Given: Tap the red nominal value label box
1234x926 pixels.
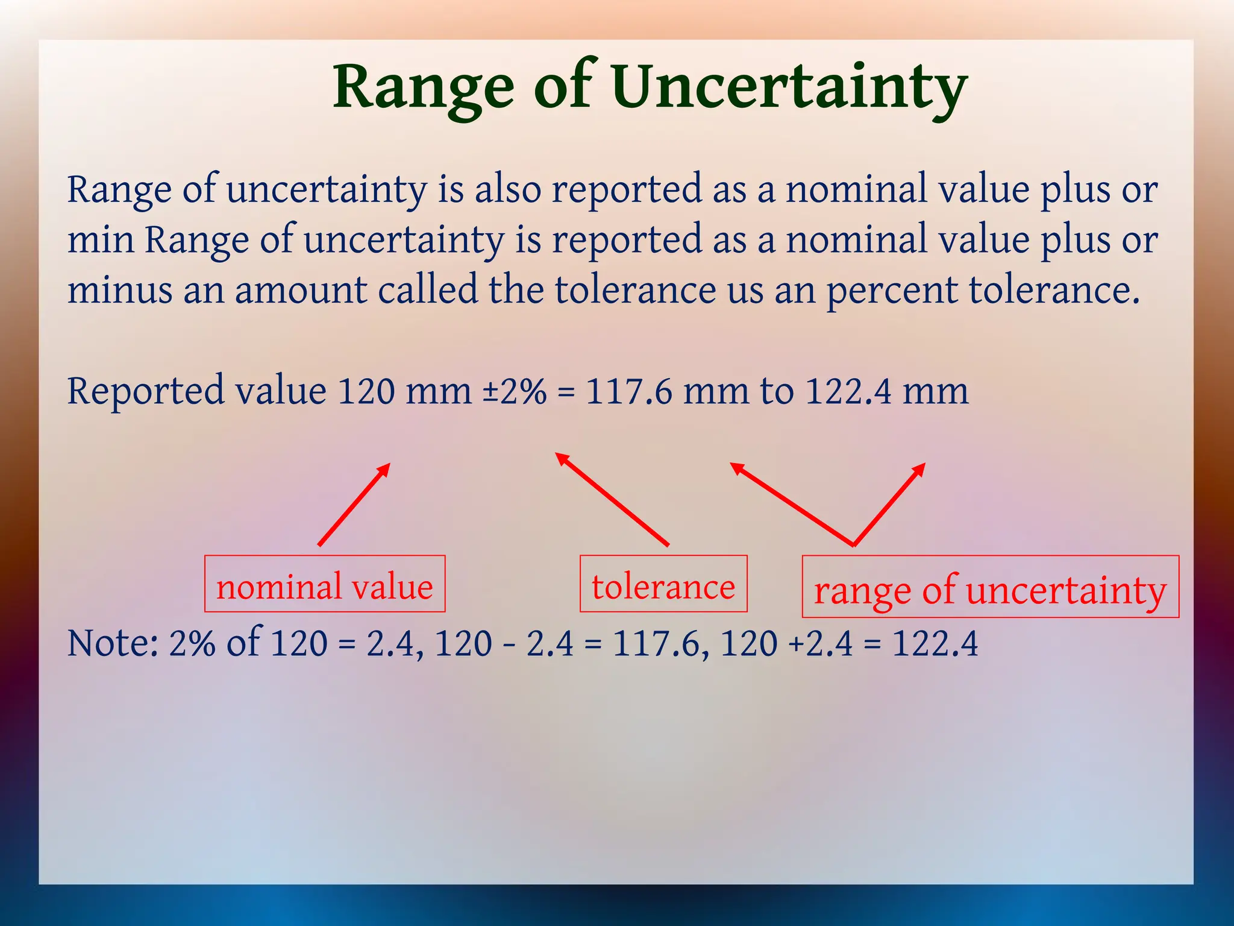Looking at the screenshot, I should pos(325,584).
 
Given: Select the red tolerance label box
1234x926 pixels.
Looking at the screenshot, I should pos(663,584).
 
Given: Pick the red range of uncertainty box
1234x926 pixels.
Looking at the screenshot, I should pos(990,587).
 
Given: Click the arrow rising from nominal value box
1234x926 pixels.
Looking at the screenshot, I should pos(354,505).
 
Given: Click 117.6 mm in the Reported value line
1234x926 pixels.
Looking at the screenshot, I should pos(666,391).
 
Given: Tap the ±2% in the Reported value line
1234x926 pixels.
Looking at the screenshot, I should pos(515,391).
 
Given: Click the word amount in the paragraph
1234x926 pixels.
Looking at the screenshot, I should pos(301,290).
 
